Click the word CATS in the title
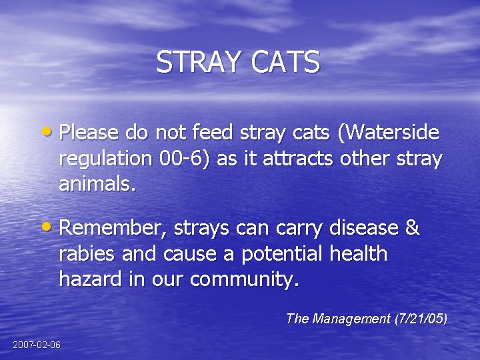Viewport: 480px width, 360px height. (x=286, y=62)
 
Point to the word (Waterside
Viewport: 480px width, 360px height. (x=389, y=133)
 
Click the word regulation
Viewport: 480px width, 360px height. (x=106, y=160)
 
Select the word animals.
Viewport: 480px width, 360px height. (x=97, y=184)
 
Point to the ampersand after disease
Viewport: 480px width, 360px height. (x=412, y=228)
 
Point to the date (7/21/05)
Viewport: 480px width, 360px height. (x=420, y=319)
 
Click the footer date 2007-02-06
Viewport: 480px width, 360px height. (x=36, y=345)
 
